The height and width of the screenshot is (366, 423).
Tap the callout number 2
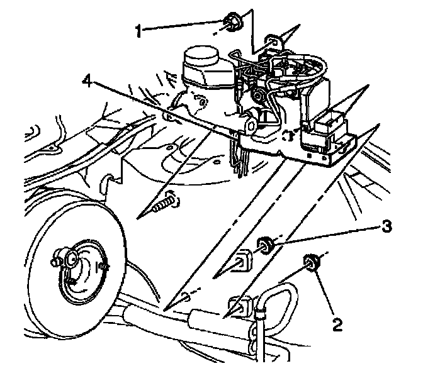click(338, 324)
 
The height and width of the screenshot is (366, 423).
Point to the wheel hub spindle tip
click(69, 257)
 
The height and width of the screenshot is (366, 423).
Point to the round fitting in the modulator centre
click(258, 95)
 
